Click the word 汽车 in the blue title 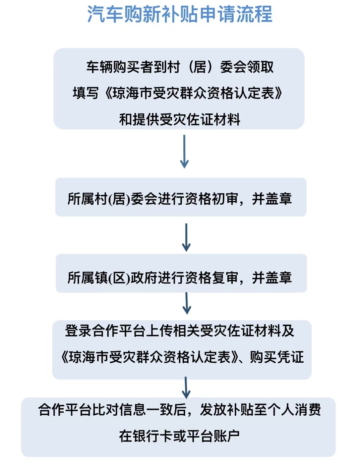105,14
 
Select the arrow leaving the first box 184,151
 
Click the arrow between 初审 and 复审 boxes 186,237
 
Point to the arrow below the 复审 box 187,303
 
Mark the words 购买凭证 277,357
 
